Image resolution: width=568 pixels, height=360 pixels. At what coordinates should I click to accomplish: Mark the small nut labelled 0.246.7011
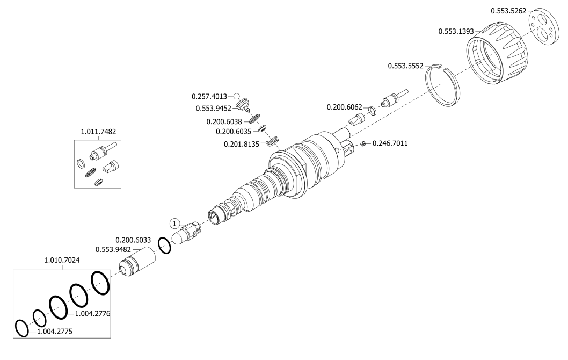point(363,143)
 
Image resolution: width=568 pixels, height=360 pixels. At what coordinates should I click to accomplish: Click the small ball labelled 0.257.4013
point(236,96)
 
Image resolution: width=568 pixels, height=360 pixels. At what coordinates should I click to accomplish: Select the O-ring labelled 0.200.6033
point(165,246)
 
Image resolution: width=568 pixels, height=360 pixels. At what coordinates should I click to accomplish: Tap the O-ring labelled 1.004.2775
point(21,328)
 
